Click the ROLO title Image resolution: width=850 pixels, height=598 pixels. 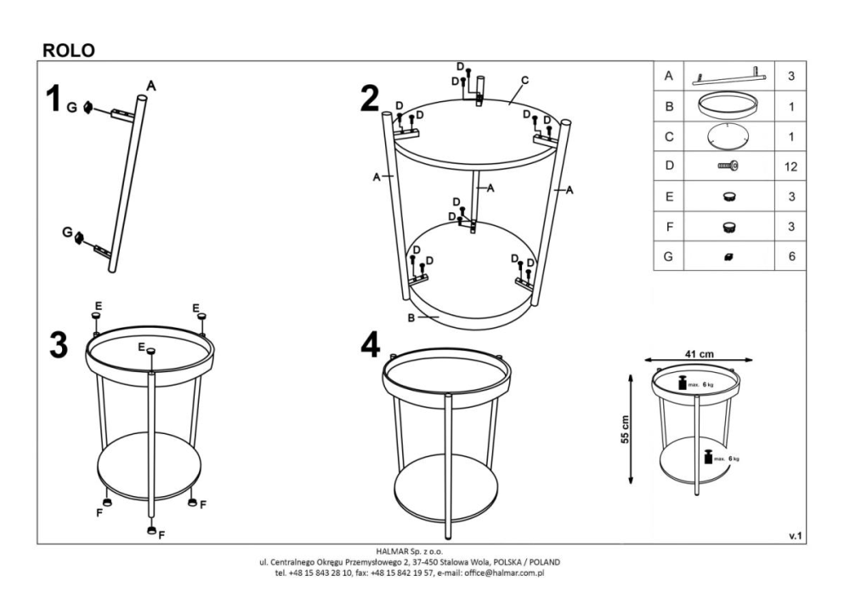click(x=69, y=50)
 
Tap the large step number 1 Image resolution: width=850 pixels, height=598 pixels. click(x=53, y=99)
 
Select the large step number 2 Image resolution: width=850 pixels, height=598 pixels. click(x=371, y=99)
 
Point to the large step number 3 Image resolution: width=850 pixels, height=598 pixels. click(x=59, y=345)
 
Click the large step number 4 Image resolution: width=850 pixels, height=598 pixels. click(x=371, y=345)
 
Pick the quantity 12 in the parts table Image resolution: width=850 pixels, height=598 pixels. click(x=790, y=166)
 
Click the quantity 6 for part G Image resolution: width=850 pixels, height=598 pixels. click(x=791, y=257)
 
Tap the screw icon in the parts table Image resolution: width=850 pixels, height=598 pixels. click(x=728, y=166)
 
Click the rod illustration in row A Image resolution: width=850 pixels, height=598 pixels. click(x=729, y=77)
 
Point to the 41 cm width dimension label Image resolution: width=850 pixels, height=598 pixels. click(x=699, y=354)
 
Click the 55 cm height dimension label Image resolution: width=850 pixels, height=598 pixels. click(x=625, y=430)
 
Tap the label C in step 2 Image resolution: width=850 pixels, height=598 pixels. click(x=524, y=80)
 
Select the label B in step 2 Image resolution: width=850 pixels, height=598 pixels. click(x=411, y=318)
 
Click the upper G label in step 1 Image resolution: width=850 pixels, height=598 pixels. click(x=71, y=108)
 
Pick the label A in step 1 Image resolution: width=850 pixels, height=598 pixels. click(x=151, y=86)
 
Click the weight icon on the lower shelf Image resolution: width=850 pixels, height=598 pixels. click(x=707, y=457)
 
